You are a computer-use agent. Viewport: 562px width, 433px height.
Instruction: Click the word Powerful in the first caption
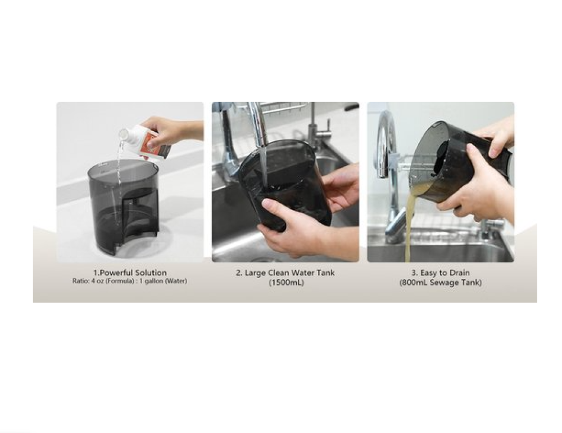coord(115,273)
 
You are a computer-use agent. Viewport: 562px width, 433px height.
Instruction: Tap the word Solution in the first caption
coord(151,273)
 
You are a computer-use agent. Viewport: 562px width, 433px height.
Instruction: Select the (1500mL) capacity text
coord(287,283)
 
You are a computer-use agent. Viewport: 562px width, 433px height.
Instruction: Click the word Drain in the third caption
coord(459,273)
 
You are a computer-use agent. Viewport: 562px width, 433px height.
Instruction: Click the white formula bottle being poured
coord(144,140)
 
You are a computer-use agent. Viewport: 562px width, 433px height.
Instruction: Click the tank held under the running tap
coord(283,183)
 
